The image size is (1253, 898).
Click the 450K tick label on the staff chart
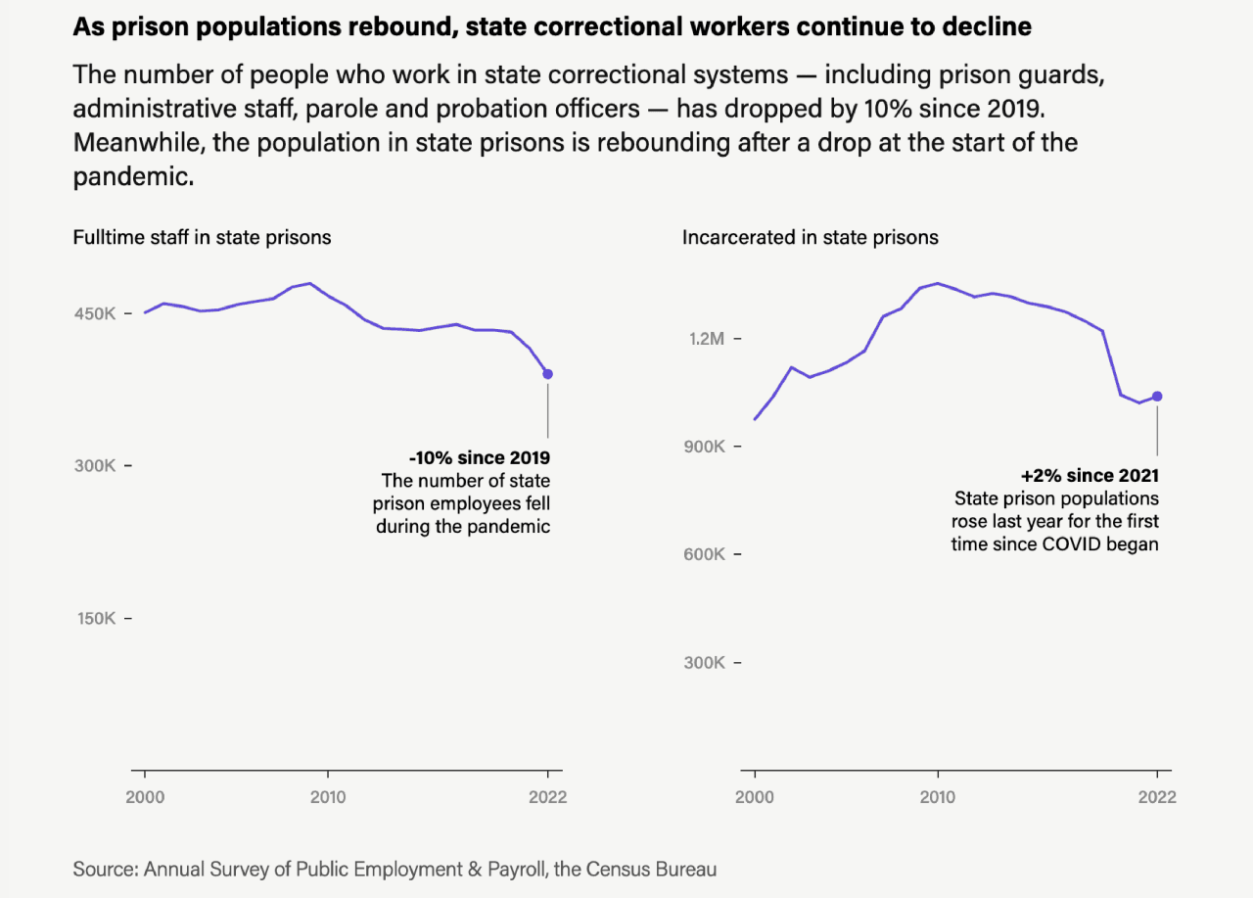pos(94,313)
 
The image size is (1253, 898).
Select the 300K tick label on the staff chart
pos(94,465)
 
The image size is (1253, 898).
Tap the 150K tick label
pos(94,618)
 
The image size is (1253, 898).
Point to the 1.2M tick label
pos(706,338)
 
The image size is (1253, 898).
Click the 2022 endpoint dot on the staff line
pos(548,374)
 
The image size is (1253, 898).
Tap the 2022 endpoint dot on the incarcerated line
pos(1157,396)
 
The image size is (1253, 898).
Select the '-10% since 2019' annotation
pos(480,457)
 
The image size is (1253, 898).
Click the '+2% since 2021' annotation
pos(1090,475)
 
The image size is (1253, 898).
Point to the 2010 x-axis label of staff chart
pos(327,797)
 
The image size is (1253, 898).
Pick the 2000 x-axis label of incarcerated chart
pos(755,797)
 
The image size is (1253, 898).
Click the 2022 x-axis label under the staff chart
pos(547,797)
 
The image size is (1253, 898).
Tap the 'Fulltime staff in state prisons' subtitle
pos(202,237)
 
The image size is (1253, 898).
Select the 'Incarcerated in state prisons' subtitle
pos(810,237)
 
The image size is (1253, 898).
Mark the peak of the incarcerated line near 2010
pos(937,283)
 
